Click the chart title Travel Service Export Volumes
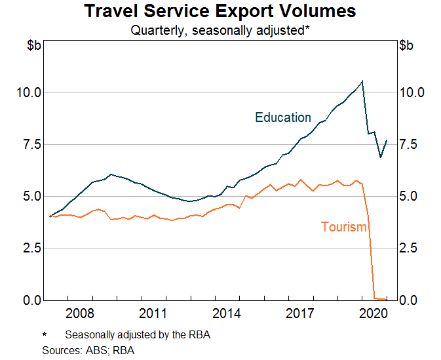220,11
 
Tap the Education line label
283,117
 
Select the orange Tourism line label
344,227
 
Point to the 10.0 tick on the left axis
28,92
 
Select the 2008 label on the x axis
79,312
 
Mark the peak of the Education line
362,81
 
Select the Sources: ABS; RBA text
88,350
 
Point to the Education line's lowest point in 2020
381,157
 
